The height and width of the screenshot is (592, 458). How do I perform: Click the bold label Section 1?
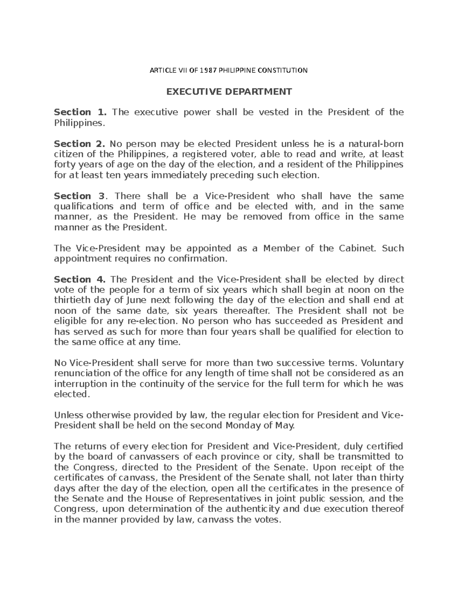79,112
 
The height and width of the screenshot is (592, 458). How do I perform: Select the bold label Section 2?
79,144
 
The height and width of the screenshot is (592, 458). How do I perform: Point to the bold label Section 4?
79,279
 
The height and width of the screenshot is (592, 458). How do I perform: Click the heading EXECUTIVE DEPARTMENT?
228,91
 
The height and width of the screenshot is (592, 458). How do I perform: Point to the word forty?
65,165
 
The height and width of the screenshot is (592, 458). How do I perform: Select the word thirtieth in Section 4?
72,300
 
